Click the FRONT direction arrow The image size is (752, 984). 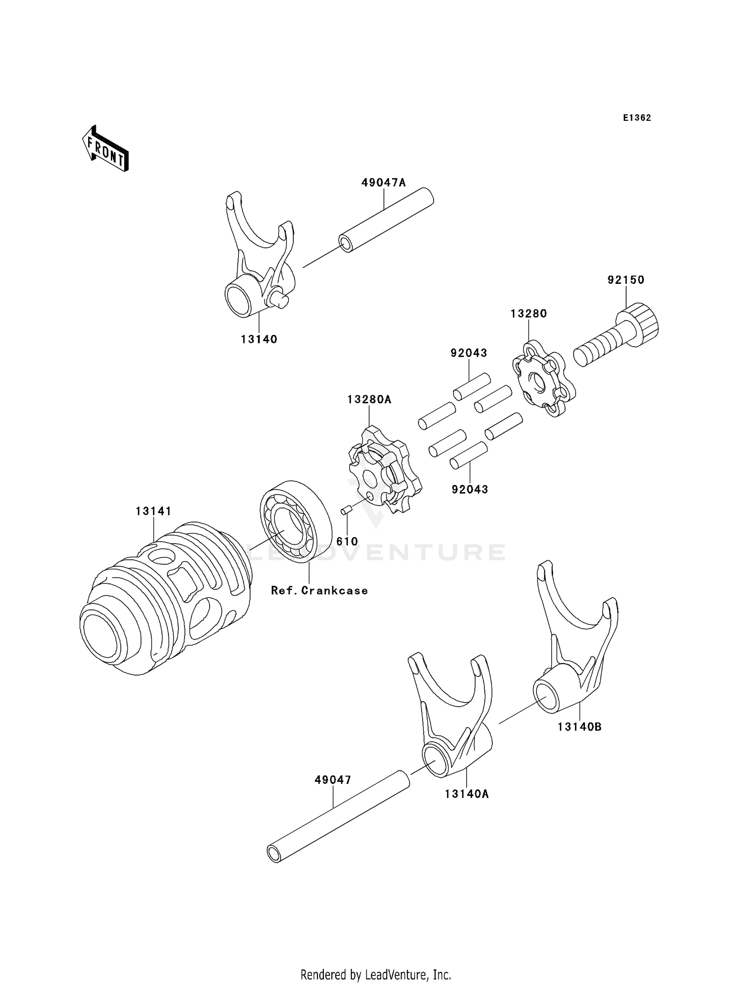105,149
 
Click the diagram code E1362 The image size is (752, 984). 637,118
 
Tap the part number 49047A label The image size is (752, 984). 384,183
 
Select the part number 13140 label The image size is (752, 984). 259,339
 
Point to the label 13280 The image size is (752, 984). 528,313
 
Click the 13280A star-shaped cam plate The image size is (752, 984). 384,469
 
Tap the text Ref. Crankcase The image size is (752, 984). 319,591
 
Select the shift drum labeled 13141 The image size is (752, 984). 165,602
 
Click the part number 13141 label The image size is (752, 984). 153,511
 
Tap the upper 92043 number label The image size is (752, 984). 469,353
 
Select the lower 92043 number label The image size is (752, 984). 470,489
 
